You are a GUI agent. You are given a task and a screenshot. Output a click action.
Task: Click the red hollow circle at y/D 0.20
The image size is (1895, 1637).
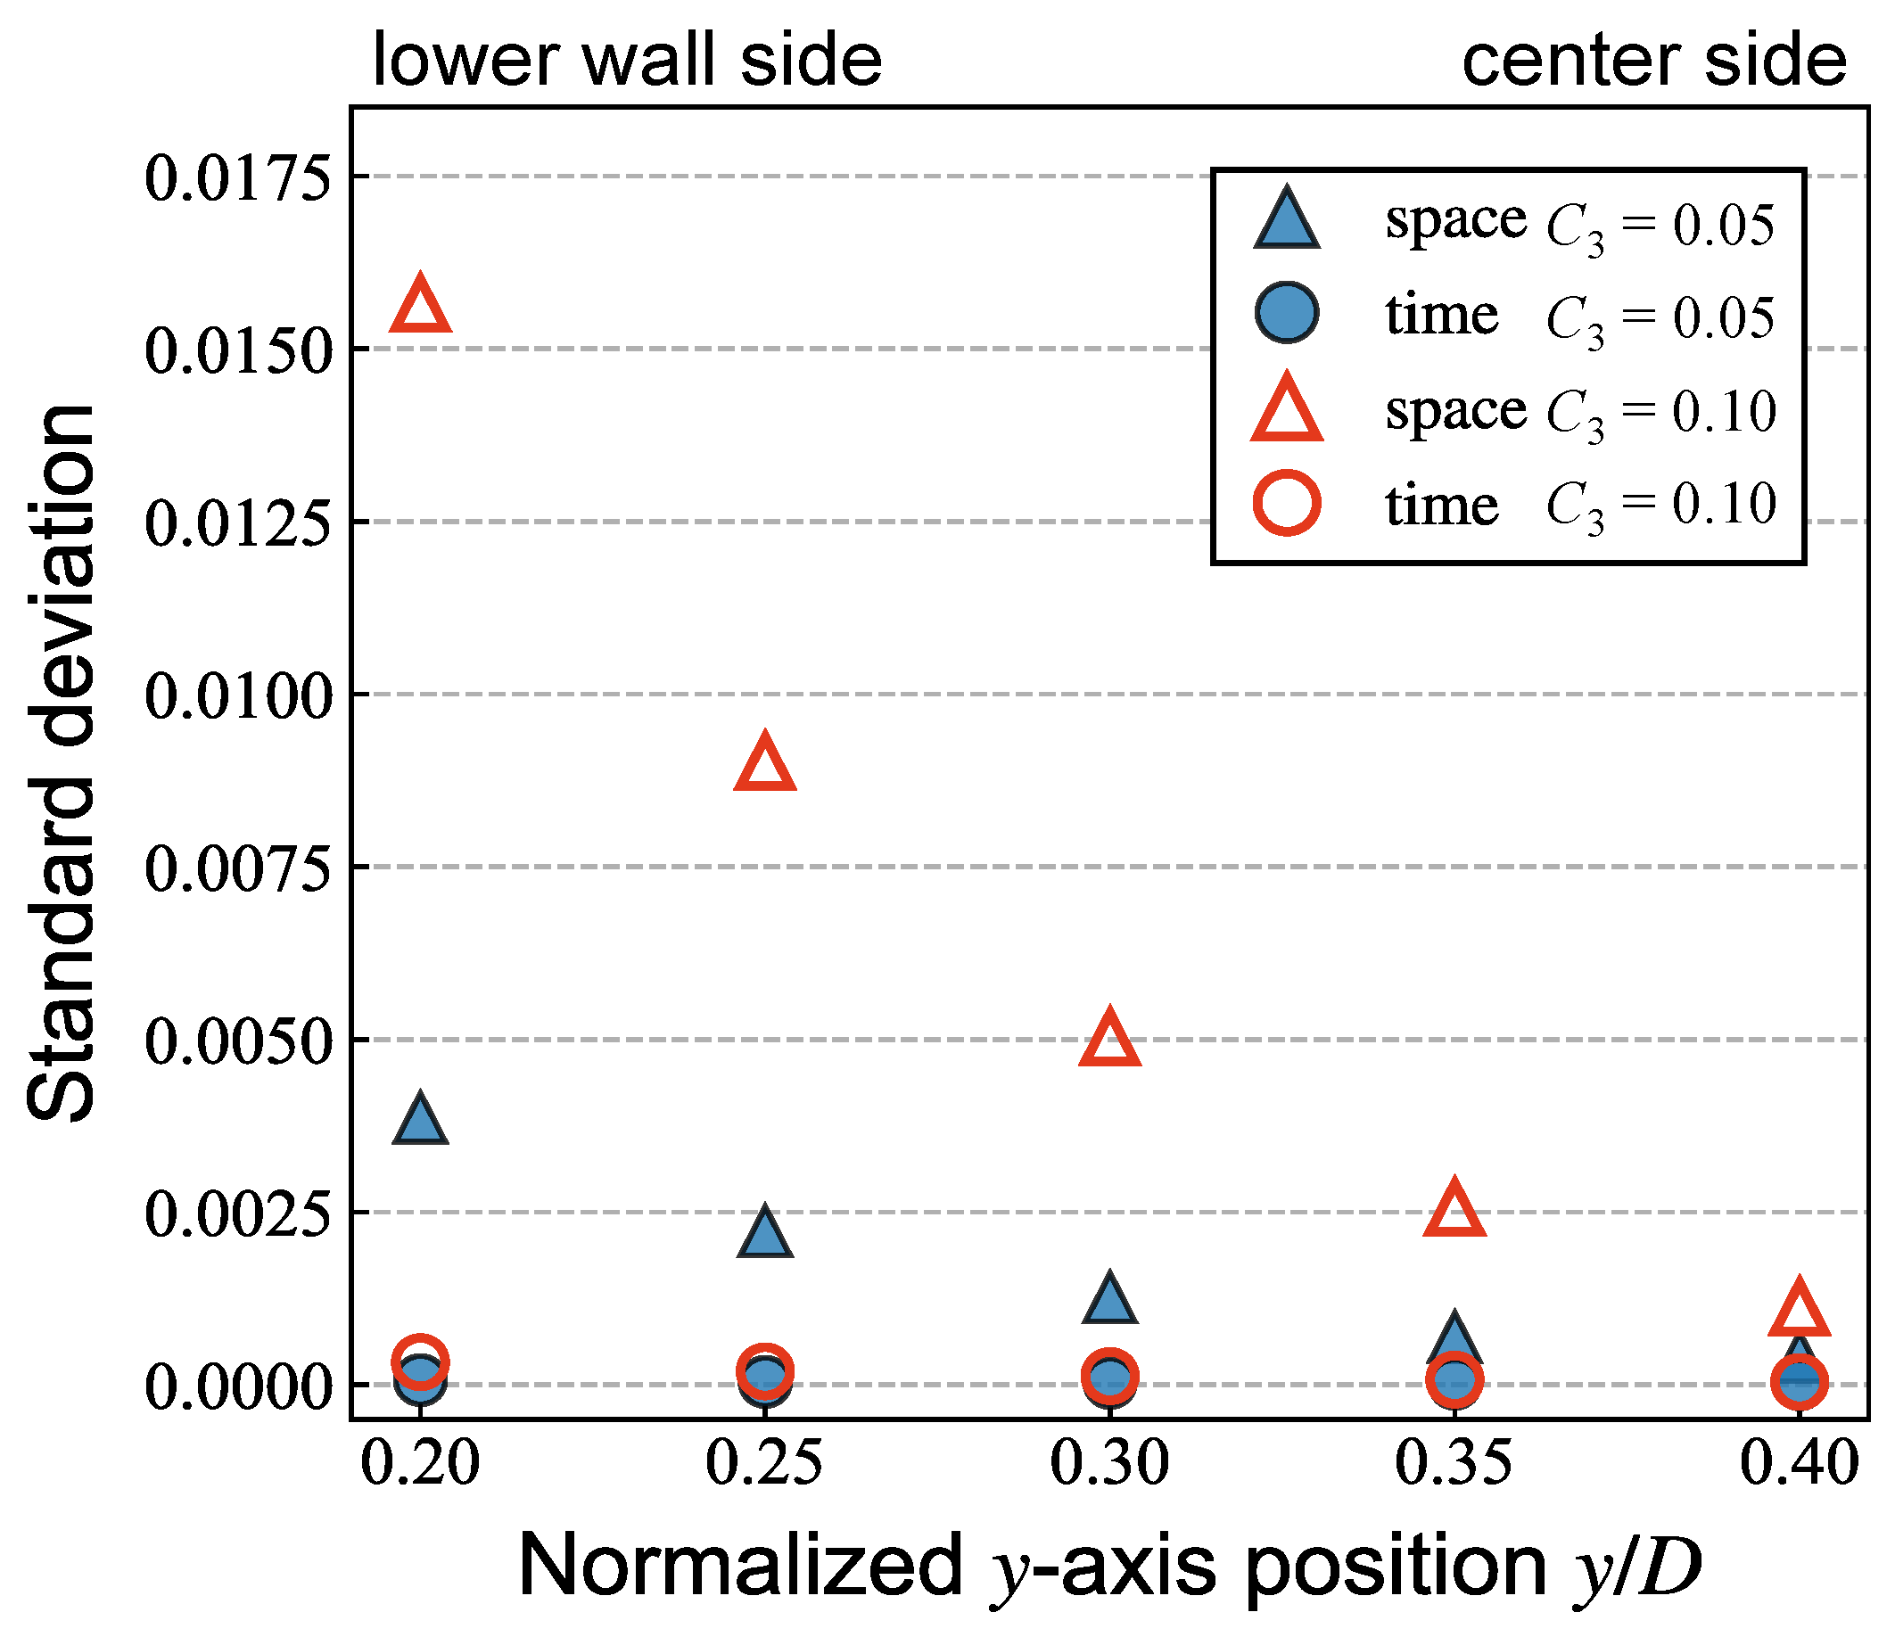(420, 1361)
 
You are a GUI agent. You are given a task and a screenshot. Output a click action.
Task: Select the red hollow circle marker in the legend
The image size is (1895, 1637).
(1287, 502)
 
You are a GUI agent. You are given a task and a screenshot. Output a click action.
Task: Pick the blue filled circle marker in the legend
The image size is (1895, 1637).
(1287, 314)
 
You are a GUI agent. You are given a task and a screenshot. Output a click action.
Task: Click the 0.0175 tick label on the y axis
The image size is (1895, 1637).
(237, 177)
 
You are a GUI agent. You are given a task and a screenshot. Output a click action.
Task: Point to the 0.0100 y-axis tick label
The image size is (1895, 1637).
(237, 696)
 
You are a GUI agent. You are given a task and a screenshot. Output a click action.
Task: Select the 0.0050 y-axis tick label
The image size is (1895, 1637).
(237, 1041)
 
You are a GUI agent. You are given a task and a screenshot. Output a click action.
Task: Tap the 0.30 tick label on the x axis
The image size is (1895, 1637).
(1109, 1463)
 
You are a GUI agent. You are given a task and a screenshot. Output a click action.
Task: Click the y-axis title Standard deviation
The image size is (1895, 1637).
(61, 763)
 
